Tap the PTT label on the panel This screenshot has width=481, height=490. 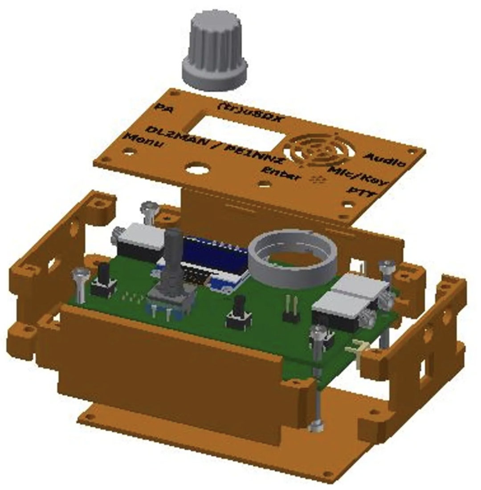click(x=361, y=192)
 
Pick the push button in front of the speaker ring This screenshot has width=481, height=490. click(x=238, y=313)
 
